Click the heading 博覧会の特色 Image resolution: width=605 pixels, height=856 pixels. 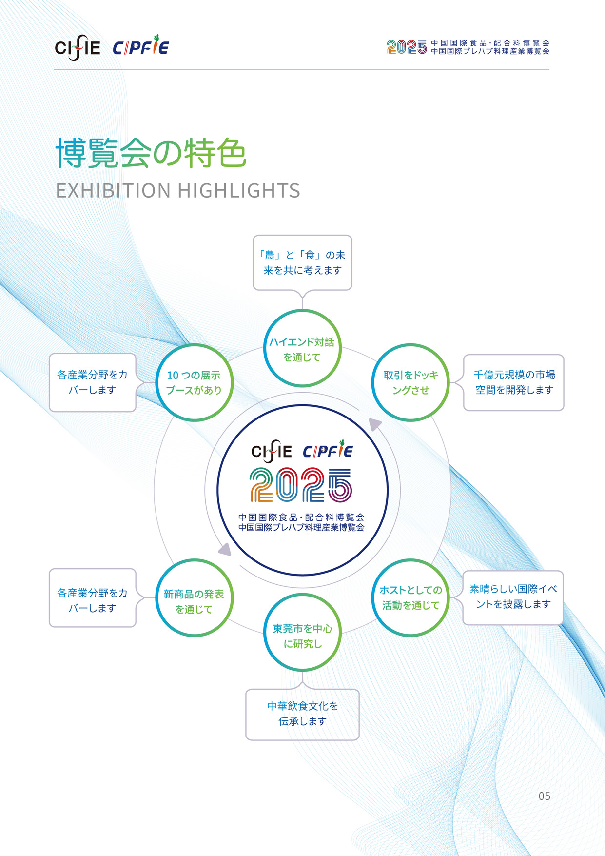151,153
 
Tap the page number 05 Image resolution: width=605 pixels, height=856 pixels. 544,796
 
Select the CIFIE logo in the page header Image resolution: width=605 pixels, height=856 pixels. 78,48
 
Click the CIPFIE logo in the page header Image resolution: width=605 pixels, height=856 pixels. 141,47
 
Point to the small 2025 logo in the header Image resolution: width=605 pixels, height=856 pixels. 407,47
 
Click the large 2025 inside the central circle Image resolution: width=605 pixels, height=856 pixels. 301,485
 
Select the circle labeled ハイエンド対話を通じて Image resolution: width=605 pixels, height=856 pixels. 302,349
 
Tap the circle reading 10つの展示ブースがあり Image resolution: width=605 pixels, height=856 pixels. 195,382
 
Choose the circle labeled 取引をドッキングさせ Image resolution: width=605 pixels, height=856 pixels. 410,382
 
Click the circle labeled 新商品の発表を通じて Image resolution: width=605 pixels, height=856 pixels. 195,598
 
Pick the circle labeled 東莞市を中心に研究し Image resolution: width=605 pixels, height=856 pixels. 302,632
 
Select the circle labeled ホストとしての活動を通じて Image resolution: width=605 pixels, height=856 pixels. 410,597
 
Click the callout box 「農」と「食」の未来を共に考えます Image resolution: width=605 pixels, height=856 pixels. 302,263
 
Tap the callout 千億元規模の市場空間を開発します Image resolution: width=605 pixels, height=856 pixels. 514,382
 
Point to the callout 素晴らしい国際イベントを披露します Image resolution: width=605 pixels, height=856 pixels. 513,597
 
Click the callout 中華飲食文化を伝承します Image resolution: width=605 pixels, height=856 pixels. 302,714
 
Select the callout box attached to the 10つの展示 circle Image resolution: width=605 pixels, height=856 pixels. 93,382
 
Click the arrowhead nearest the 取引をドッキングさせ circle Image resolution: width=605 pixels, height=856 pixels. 374,425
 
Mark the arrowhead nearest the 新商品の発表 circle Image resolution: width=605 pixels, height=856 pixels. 225,550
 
